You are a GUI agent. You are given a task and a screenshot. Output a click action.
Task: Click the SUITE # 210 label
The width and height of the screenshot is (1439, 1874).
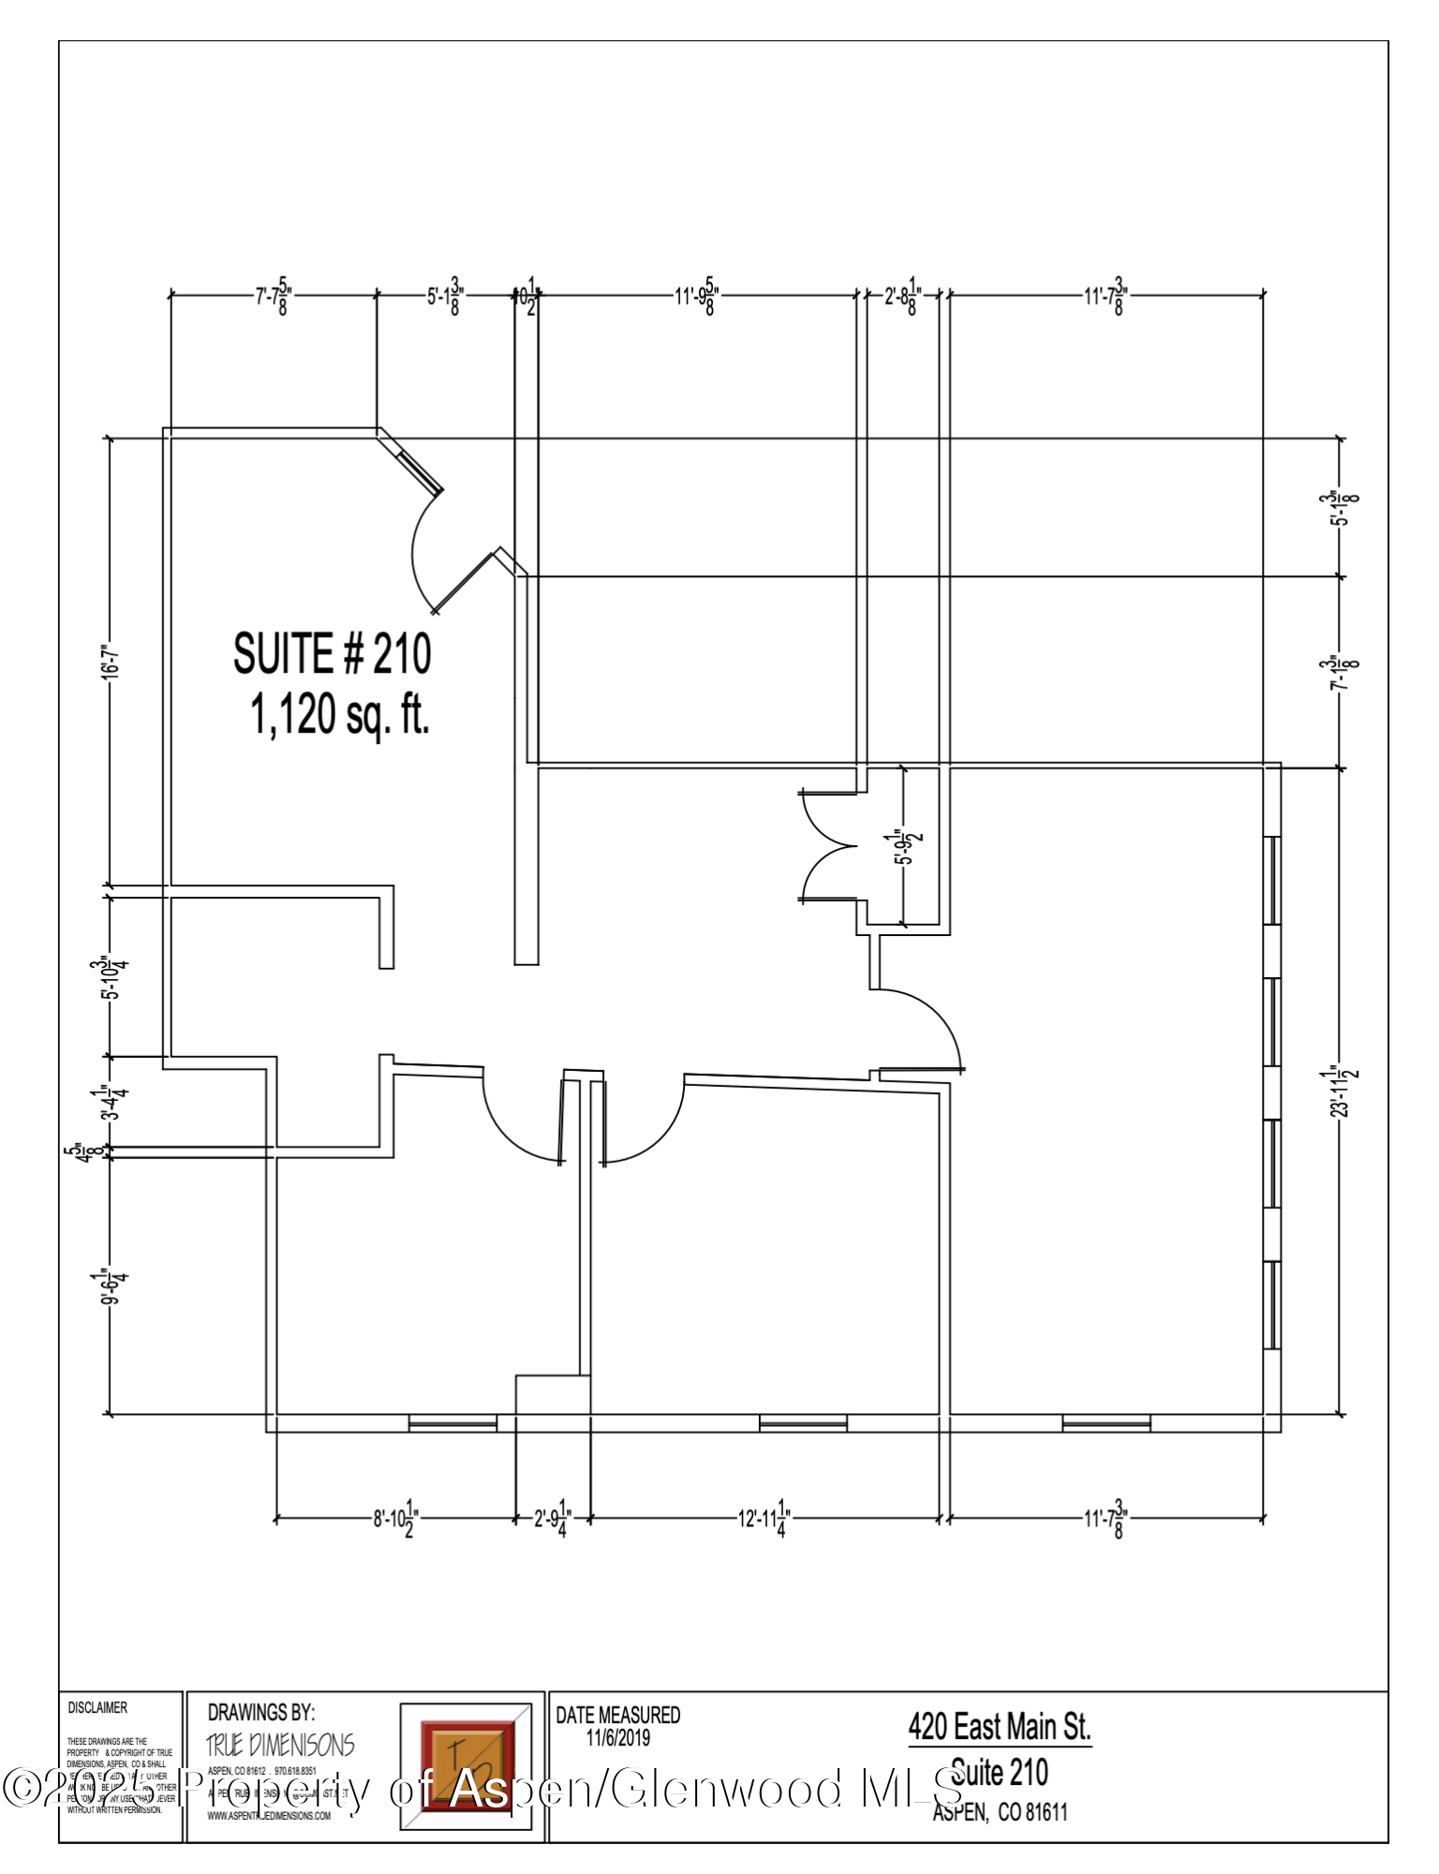pos(332,653)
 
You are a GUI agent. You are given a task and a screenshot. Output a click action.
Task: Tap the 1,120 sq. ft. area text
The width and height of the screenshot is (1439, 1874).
pos(339,716)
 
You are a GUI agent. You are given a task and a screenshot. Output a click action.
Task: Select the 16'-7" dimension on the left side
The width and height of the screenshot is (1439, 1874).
pos(111,661)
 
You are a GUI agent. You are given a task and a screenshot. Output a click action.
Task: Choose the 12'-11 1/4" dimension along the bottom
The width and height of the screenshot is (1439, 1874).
pos(764,1518)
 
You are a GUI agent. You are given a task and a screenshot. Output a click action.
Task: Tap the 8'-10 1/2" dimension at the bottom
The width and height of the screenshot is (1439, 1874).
pos(394,1518)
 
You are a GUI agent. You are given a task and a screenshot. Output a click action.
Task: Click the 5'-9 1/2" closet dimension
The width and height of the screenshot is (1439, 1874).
pos(903,847)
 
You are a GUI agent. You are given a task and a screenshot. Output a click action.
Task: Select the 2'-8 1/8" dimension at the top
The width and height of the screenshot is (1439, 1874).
pos(902,296)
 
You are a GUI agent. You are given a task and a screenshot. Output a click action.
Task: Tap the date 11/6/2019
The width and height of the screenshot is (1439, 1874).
pos(618,1738)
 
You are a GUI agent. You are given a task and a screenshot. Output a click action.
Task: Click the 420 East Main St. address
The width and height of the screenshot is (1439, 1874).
pos(1000,1726)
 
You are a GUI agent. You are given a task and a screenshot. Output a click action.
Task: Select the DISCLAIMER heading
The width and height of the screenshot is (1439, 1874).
pos(97,1707)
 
